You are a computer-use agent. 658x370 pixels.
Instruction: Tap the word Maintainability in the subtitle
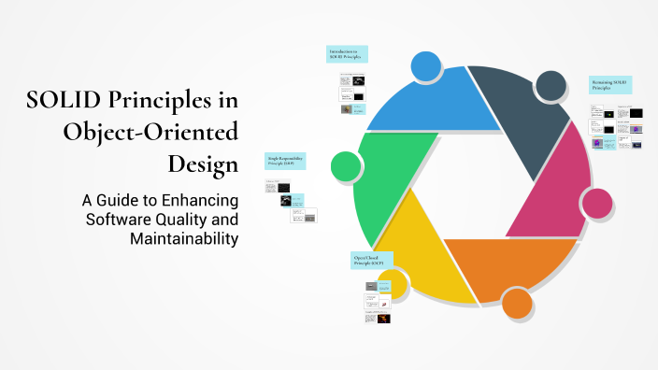[185, 238]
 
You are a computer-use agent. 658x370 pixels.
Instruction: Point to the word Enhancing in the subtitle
[198, 200]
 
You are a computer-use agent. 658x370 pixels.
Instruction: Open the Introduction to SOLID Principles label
[347, 54]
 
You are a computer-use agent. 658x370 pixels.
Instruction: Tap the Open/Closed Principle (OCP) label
[371, 259]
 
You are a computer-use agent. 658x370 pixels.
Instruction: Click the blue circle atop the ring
[426, 66]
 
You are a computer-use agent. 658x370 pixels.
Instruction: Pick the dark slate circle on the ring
[551, 86]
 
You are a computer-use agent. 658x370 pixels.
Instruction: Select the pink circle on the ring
[595, 202]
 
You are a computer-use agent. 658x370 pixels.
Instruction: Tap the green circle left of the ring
[346, 167]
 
